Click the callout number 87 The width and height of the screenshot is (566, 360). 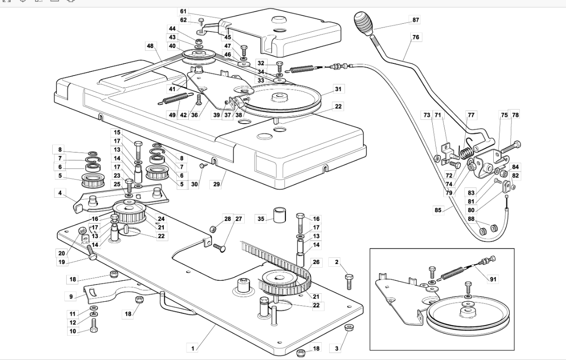point(416,20)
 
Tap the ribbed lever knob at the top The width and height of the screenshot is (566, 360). point(363,23)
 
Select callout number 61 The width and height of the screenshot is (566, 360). point(183,11)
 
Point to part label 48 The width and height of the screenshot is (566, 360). point(150,46)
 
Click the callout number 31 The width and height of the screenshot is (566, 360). point(338,89)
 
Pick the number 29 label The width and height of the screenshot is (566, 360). point(216,184)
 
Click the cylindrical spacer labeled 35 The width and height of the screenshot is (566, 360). point(279,215)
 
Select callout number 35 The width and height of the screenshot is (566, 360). point(261,219)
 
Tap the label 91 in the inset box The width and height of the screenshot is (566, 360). point(493,279)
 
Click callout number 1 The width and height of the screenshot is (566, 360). point(193,348)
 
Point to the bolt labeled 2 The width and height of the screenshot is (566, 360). point(349,282)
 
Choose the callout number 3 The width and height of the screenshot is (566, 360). point(337,348)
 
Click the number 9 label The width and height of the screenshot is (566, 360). point(71,297)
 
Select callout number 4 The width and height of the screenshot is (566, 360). point(60,193)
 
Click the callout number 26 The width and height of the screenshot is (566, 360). point(316,262)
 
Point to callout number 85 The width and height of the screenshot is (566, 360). point(438,210)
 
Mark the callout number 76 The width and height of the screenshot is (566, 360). point(416,37)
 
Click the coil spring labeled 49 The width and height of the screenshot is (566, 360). point(173,98)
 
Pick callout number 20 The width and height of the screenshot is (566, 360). point(62,253)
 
